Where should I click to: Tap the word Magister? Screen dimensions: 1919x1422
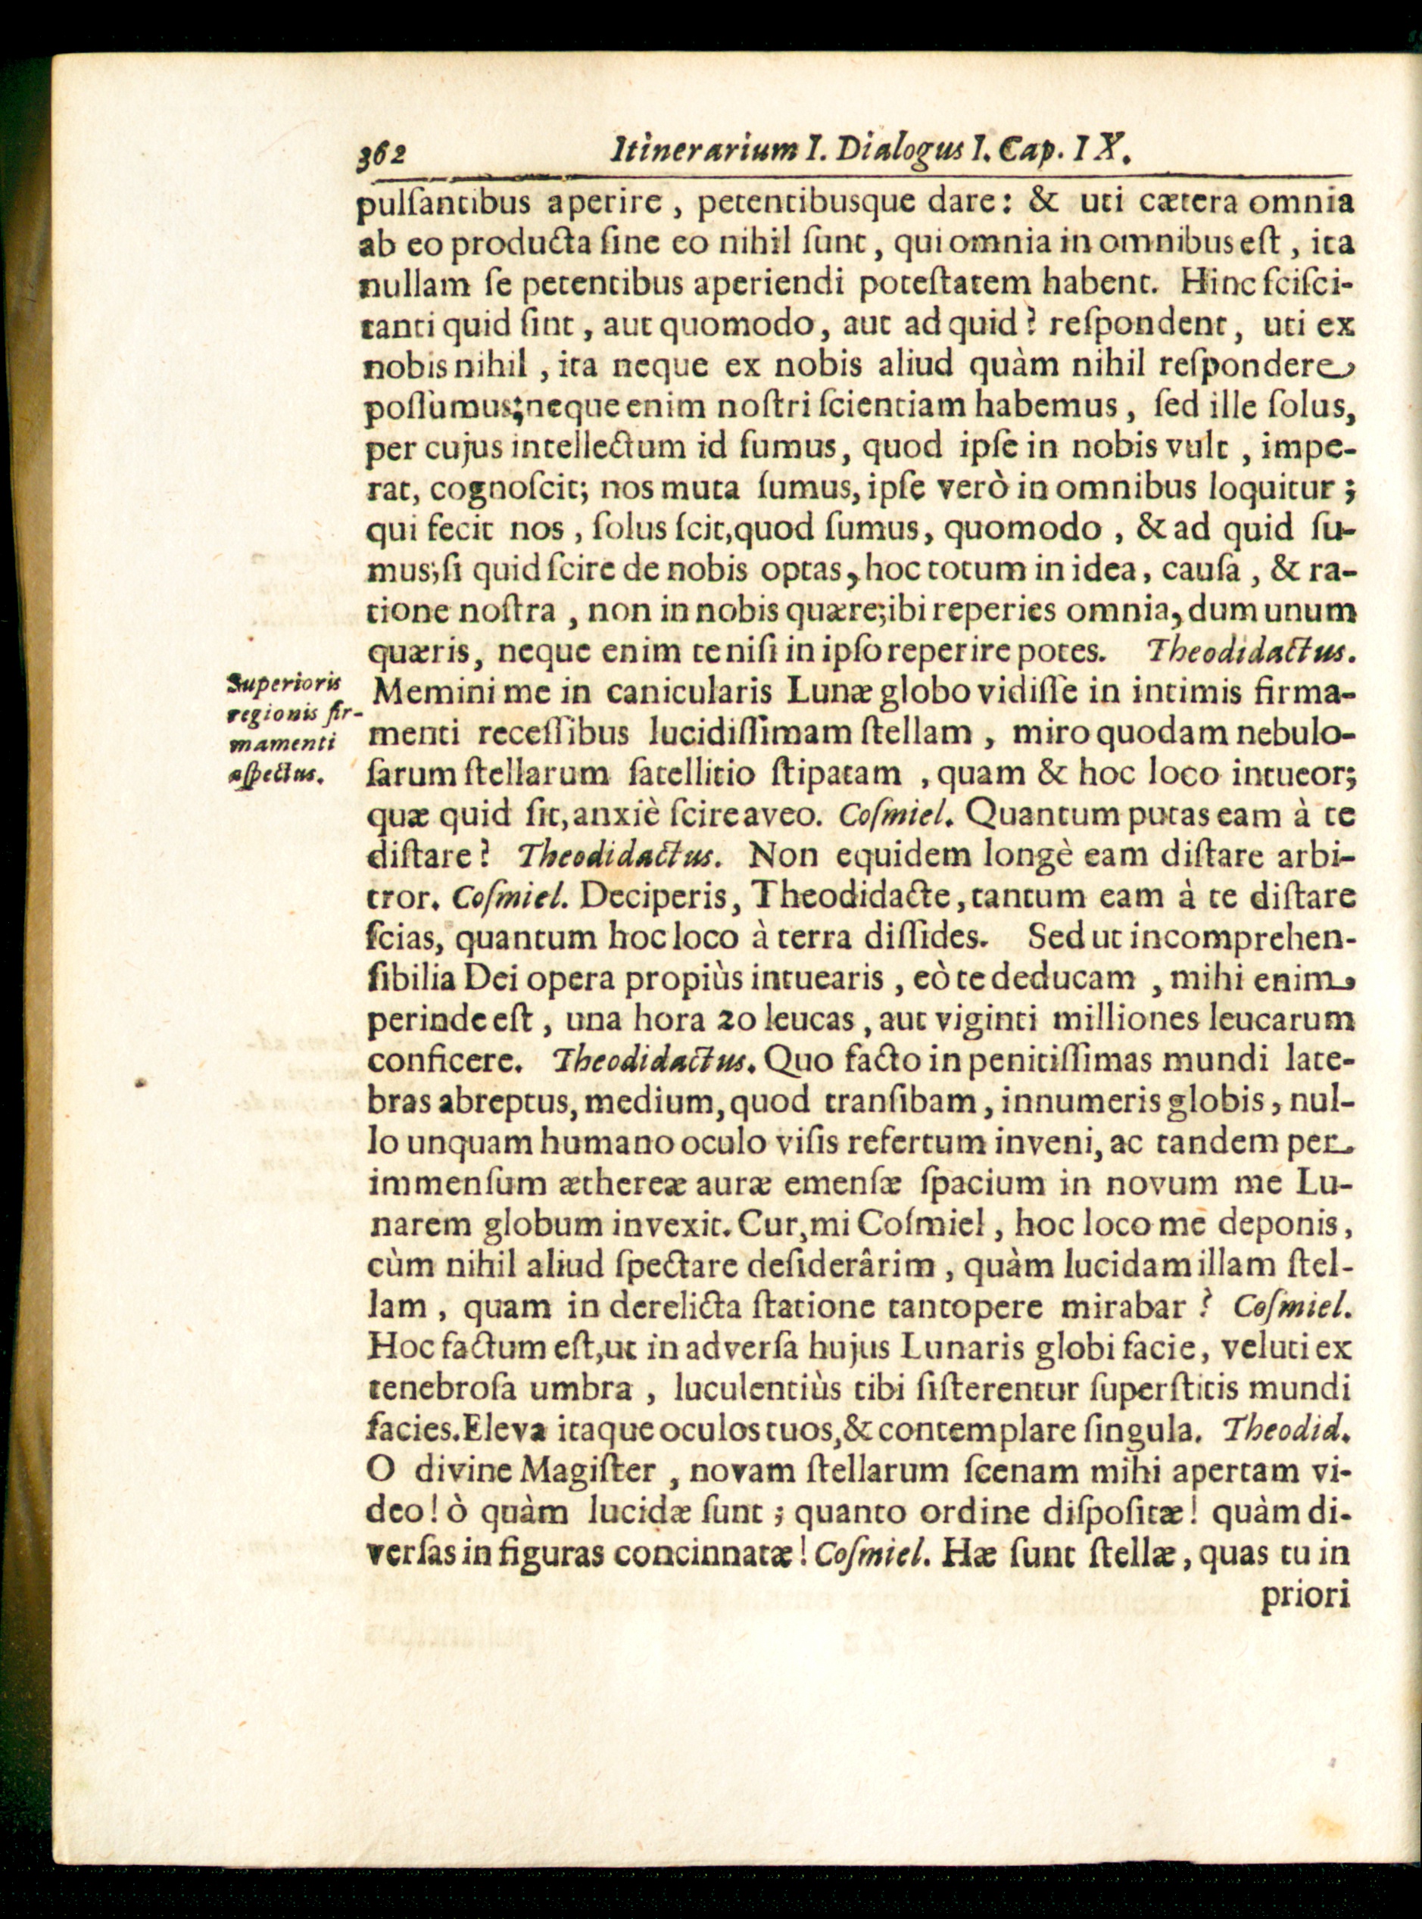589,1471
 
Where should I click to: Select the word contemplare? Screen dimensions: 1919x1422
1019,1429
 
